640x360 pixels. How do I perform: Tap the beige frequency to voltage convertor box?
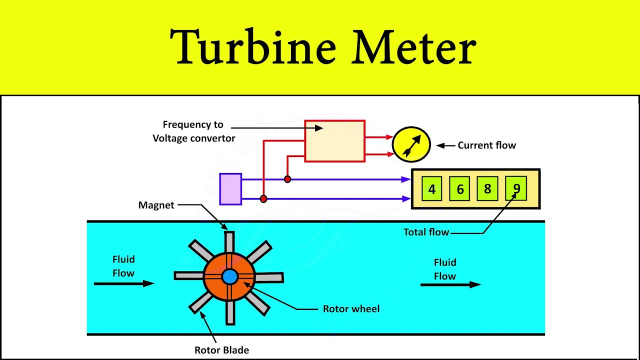pyautogui.click(x=334, y=141)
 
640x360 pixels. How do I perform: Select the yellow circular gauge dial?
pyautogui.click(x=411, y=144)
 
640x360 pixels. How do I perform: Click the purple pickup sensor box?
pyautogui.click(x=230, y=189)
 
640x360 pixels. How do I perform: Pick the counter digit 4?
pyautogui.click(x=432, y=189)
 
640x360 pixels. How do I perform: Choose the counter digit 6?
pyautogui.click(x=459, y=189)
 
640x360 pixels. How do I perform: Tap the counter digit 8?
pyautogui.click(x=487, y=189)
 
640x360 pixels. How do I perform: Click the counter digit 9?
pyautogui.click(x=516, y=188)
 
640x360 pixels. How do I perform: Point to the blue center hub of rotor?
pyautogui.click(x=229, y=276)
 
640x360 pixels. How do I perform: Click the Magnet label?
pyautogui.click(x=156, y=205)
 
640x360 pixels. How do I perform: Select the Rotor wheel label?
pyautogui.click(x=351, y=309)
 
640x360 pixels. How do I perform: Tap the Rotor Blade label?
pyautogui.click(x=221, y=350)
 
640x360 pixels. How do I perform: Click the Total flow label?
pyautogui.click(x=426, y=232)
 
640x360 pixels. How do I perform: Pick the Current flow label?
pyautogui.click(x=486, y=145)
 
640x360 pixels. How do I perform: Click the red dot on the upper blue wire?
pyautogui.click(x=287, y=179)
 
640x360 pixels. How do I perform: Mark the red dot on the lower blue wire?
pyautogui.click(x=263, y=199)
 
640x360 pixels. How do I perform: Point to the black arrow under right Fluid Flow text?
pyautogui.click(x=450, y=284)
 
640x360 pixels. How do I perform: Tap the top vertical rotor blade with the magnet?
pyautogui.click(x=229, y=242)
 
